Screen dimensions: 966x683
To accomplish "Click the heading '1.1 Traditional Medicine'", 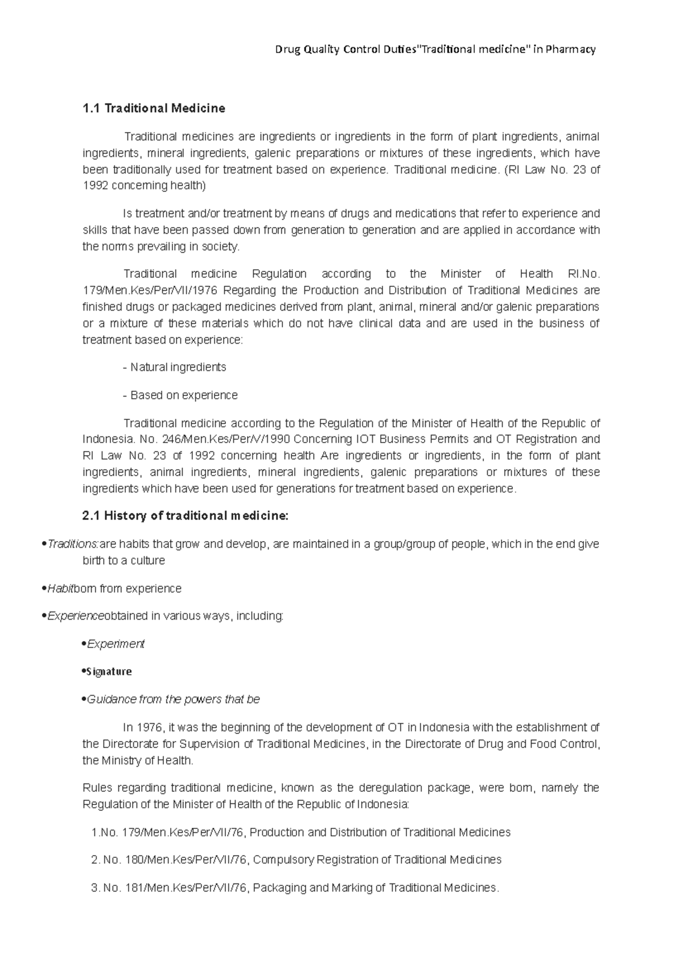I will [154, 108].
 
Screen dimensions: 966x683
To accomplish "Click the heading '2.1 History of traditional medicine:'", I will [186, 516].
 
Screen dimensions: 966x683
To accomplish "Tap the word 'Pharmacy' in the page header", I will [570, 49].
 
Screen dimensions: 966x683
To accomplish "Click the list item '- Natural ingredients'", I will [175, 367].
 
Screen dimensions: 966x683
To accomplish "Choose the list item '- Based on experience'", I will [180, 395].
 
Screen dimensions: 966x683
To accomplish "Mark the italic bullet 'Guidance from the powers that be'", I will [173, 699].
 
